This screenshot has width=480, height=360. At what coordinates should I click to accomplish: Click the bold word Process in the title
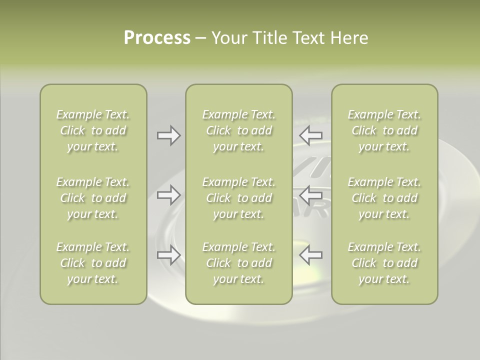pyautogui.click(x=157, y=38)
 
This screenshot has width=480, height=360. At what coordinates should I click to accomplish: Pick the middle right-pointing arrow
pyautogui.click(x=168, y=195)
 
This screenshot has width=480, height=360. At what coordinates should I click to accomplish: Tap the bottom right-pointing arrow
pyautogui.click(x=168, y=255)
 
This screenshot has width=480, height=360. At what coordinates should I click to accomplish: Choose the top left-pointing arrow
pyautogui.click(x=310, y=135)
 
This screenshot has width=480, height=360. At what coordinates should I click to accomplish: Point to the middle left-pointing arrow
pyautogui.click(x=310, y=195)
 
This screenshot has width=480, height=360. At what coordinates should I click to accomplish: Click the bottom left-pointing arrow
pyautogui.click(x=310, y=255)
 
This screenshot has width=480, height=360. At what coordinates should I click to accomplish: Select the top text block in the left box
pyautogui.click(x=93, y=130)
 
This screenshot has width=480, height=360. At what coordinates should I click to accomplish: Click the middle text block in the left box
pyautogui.click(x=93, y=198)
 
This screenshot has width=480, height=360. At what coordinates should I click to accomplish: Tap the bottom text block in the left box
pyautogui.click(x=93, y=263)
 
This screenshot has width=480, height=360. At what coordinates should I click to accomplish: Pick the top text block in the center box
pyautogui.click(x=239, y=130)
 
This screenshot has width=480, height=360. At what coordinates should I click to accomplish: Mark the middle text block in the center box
pyautogui.click(x=239, y=198)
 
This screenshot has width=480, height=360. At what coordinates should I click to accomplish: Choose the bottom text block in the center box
pyautogui.click(x=239, y=263)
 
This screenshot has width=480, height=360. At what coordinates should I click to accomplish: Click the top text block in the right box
pyautogui.click(x=384, y=130)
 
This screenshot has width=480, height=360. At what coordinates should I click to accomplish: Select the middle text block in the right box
pyautogui.click(x=384, y=198)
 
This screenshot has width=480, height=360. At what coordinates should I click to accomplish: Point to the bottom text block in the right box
pyautogui.click(x=384, y=263)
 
